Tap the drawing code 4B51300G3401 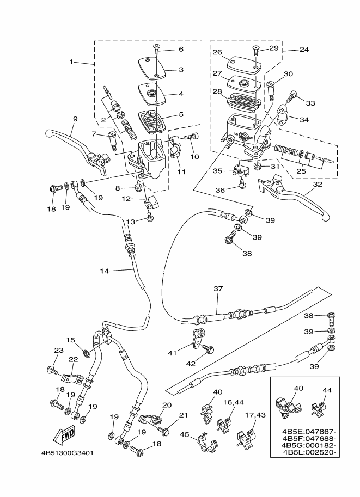[x=66, y=453]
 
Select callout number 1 [x=71, y=62]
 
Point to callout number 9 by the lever [x=75, y=119]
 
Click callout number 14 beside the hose [x=105, y=270]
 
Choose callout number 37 [x=219, y=289]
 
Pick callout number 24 [x=304, y=50]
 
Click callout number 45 [x=185, y=434]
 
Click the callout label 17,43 [x=251, y=415]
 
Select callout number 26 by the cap [x=217, y=53]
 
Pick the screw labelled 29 [x=255, y=49]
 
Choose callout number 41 [x=173, y=353]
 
